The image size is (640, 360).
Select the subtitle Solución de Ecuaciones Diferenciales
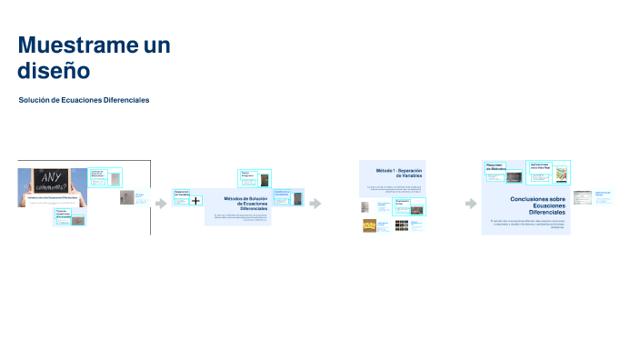[x=84, y=100]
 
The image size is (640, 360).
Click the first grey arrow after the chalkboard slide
[x=161, y=203]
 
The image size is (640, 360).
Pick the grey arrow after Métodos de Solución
[x=315, y=203]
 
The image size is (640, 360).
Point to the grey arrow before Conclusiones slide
[x=470, y=203]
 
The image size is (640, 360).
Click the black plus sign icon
[x=195, y=200]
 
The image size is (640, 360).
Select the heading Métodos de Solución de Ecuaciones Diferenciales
[x=245, y=203]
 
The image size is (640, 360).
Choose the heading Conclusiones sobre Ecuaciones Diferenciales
[x=537, y=204]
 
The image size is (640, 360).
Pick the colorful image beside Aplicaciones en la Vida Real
[x=562, y=176]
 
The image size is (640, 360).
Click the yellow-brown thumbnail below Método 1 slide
[x=370, y=225]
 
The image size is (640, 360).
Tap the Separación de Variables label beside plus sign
[x=180, y=194]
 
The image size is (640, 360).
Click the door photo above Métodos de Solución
[x=265, y=179]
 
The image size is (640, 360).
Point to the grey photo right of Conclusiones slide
[x=582, y=197]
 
